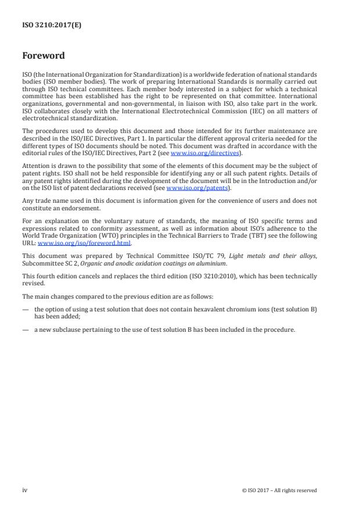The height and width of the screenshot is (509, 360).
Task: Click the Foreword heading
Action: click(x=44, y=56)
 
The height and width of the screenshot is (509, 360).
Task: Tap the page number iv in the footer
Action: click(x=25, y=490)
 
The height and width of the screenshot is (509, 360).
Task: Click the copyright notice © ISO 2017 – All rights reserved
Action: click(x=279, y=490)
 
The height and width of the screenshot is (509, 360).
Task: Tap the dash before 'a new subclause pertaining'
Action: click(x=24, y=329)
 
